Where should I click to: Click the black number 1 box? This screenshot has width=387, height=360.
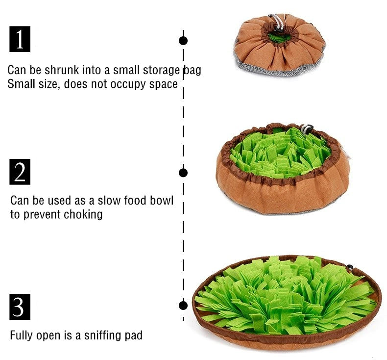20,39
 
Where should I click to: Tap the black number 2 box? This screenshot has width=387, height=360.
20,172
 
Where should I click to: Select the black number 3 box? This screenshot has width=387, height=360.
20,307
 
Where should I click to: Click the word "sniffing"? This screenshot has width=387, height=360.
103,335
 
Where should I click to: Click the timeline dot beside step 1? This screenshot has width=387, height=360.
183,41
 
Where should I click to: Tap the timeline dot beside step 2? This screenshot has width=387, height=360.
183,173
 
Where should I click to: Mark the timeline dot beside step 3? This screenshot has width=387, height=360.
183,306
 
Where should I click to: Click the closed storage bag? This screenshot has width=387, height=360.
279,45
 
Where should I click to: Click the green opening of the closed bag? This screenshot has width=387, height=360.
279,38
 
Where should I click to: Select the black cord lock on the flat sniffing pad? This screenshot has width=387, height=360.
349,267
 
